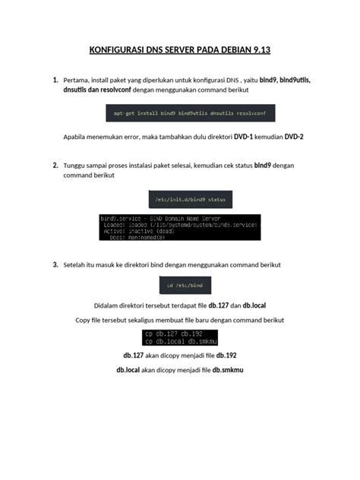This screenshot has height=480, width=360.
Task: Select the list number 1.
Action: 55,80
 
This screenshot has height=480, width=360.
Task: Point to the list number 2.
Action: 55,165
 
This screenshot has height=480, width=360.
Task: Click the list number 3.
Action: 55,265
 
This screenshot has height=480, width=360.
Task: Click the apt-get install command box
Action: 190,113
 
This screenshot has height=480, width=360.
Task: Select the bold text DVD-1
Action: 244,137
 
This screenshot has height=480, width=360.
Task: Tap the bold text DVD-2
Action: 294,137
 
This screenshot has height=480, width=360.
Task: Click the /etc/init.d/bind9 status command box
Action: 190,199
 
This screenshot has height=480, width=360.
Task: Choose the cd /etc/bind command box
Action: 180,286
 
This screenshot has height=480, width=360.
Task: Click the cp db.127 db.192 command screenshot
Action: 180,337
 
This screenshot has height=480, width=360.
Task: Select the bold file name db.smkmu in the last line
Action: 229,369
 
